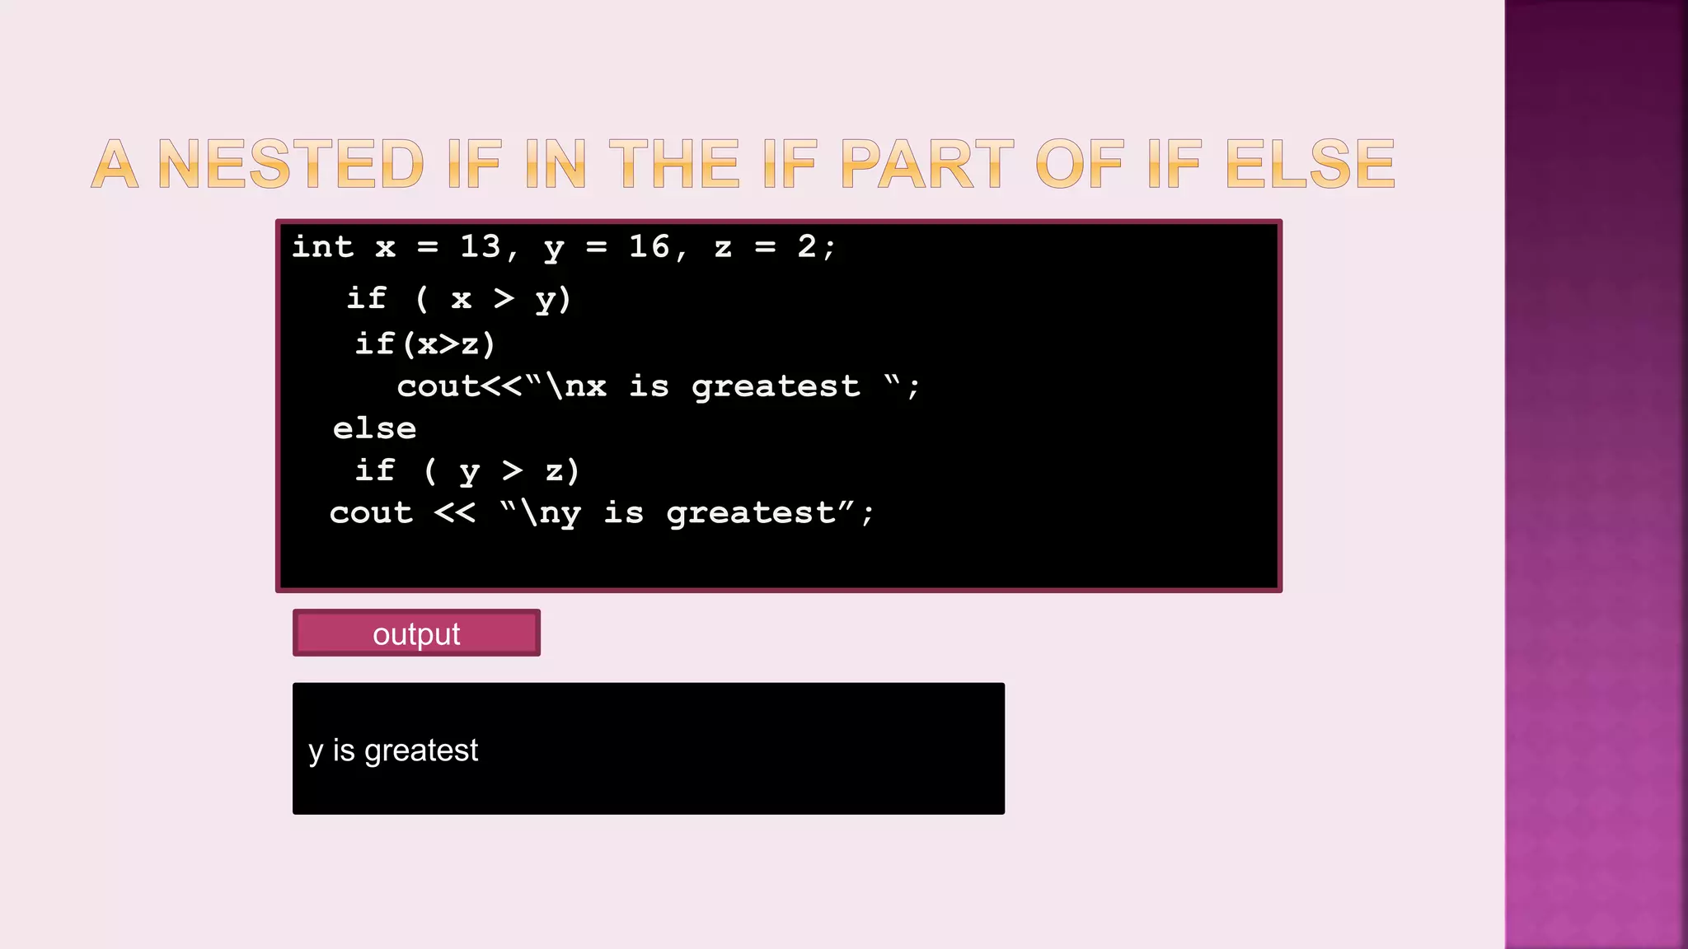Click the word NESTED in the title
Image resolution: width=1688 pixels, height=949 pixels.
[290, 164]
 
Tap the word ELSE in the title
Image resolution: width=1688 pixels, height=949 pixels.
[1310, 164]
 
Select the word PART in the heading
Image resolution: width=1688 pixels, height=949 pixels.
[926, 164]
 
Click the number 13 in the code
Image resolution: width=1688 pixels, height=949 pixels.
[481, 246]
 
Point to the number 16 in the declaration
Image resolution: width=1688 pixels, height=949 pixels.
[649, 246]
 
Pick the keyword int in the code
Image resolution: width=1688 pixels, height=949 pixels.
[322, 246]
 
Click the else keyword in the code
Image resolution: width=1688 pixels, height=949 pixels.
[374, 428]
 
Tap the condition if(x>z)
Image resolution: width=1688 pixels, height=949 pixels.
[424, 344]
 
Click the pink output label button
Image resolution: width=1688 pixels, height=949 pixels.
[416, 633]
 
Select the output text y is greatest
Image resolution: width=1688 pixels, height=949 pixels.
[393, 750]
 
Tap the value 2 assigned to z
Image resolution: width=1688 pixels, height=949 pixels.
[806, 246]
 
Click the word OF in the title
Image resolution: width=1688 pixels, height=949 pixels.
[1079, 164]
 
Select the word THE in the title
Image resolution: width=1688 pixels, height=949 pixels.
[673, 164]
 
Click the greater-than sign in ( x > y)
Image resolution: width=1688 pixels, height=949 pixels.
[504, 298]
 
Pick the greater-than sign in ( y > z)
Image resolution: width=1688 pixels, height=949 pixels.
[512, 470]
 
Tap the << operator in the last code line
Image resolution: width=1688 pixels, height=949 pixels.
[454, 513]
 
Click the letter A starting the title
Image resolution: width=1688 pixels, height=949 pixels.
[114, 164]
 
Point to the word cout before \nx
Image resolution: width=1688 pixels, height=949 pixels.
[438, 386]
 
